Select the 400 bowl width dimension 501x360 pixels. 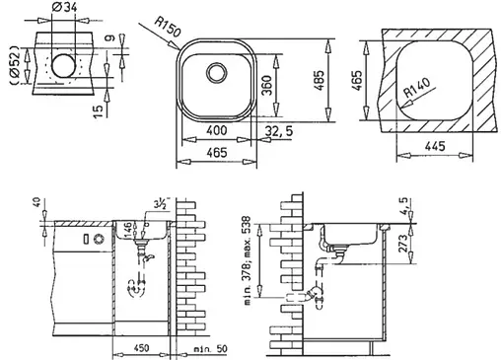click(x=216, y=129)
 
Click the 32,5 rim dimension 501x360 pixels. click(x=281, y=129)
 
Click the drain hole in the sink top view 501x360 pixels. click(x=215, y=73)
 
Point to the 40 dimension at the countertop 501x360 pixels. click(x=37, y=204)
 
